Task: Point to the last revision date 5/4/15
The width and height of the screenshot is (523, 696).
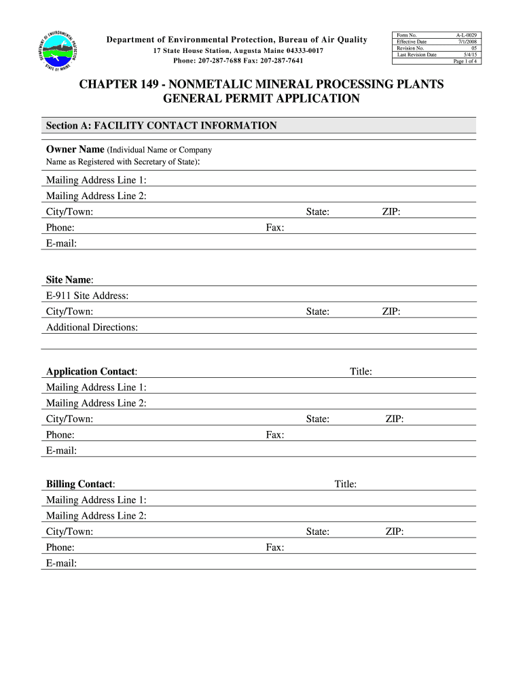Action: pos(470,55)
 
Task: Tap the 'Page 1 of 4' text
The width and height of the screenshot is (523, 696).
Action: pos(465,61)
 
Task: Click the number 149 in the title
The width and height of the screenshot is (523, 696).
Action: pos(149,84)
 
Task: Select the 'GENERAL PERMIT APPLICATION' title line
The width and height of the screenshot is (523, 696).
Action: pos(261,99)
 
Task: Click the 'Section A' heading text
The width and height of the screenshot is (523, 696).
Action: pos(161,126)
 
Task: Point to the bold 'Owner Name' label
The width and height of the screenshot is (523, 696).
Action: pos(75,150)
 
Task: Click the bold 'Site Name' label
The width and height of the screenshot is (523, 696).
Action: pos(69,280)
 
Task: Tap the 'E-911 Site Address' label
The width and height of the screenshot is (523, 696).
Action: pos(87,296)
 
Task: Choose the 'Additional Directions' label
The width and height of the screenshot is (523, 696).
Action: pos(92,328)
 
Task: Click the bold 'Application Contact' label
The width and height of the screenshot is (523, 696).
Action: pos(91,372)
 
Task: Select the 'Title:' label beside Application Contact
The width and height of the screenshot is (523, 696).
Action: pos(360,372)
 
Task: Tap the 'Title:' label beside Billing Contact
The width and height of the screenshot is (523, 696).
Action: pos(345,484)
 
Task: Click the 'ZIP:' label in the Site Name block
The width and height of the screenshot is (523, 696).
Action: pos(391,312)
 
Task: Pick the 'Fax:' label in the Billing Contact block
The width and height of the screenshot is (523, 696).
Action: pos(274,548)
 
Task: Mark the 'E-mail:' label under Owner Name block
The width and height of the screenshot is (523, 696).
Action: pos(61,243)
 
